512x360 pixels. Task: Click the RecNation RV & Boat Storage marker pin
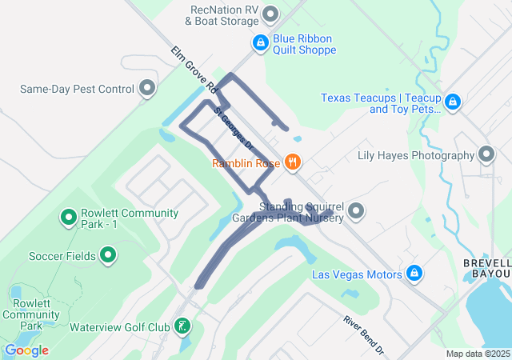(270, 14)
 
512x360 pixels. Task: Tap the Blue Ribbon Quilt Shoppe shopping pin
(260, 43)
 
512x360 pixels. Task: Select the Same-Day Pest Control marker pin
(146, 87)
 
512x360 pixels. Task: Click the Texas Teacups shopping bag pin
(453, 102)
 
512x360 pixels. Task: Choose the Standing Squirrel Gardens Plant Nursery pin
(356, 211)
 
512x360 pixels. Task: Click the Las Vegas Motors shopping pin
(414, 274)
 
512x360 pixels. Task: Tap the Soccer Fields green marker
(108, 256)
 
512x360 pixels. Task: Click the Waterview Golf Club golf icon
(183, 326)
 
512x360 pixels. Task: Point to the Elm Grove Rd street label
(194, 68)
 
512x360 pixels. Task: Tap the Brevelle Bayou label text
(487, 268)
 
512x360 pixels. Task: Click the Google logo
(26, 350)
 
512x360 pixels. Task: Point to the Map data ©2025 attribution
(478, 354)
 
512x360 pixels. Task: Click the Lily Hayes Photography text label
(416, 155)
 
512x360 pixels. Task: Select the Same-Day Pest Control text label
(76, 88)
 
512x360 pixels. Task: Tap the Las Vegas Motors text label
(357, 275)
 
